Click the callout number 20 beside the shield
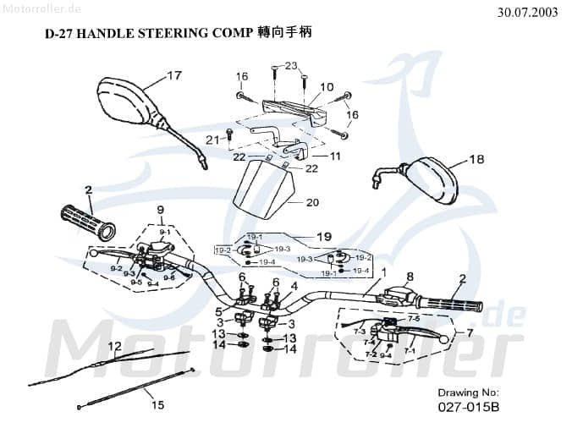(x=312, y=203)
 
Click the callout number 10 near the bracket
(x=327, y=87)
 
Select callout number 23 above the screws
(x=291, y=66)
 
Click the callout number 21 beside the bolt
(x=212, y=139)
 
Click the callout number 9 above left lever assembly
(x=158, y=209)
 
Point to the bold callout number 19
(x=324, y=236)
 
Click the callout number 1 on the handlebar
(x=383, y=272)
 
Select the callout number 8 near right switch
(x=410, y=277)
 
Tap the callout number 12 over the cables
(x=115, y=346)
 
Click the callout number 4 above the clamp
(x=294, y=286)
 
